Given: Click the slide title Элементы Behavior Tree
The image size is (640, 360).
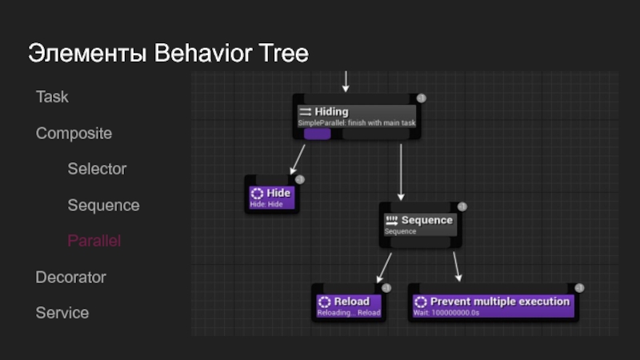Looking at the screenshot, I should [168, 54].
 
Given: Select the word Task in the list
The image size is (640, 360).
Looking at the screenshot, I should [52, 97].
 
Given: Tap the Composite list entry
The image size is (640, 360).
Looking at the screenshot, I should [74, 133].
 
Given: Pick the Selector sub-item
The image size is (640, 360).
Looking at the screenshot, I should [97, 169].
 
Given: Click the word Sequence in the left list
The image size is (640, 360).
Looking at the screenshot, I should [103, 206].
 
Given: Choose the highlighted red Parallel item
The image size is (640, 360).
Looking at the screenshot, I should [94, 241].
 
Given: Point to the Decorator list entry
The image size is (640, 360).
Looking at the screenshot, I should [70, 277].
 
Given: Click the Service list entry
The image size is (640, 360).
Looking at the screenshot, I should [62, 313].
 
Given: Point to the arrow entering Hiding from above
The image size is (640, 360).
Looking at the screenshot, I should [346, 81].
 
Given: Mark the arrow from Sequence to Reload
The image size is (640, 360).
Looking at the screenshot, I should [384, 266].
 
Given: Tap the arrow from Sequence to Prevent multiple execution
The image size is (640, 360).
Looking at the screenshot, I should [457, 266].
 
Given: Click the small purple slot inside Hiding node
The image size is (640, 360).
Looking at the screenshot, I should [318, 134].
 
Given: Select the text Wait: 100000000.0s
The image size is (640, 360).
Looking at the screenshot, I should [445, 313].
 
